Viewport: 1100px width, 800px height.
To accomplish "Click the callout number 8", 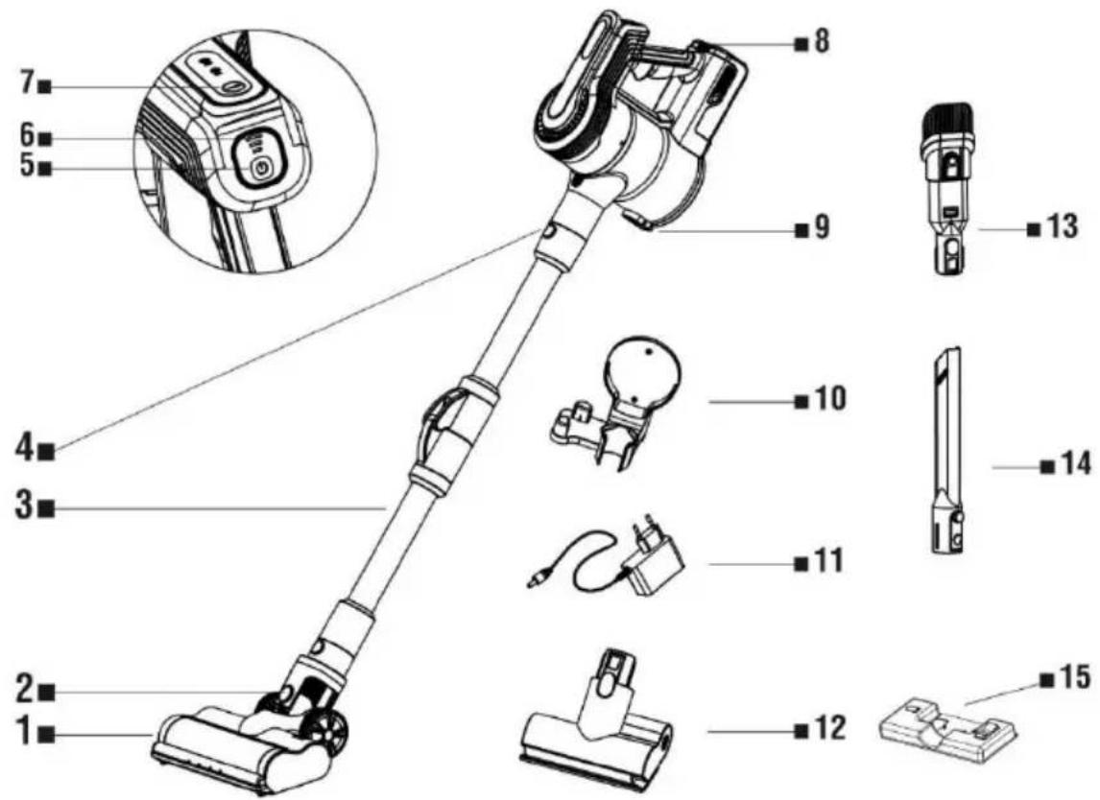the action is click(x=822, y=43).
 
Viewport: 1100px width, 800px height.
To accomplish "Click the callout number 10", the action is click(x=830, y=400).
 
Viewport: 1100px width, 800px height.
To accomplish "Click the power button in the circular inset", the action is click(x=261, y=169).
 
